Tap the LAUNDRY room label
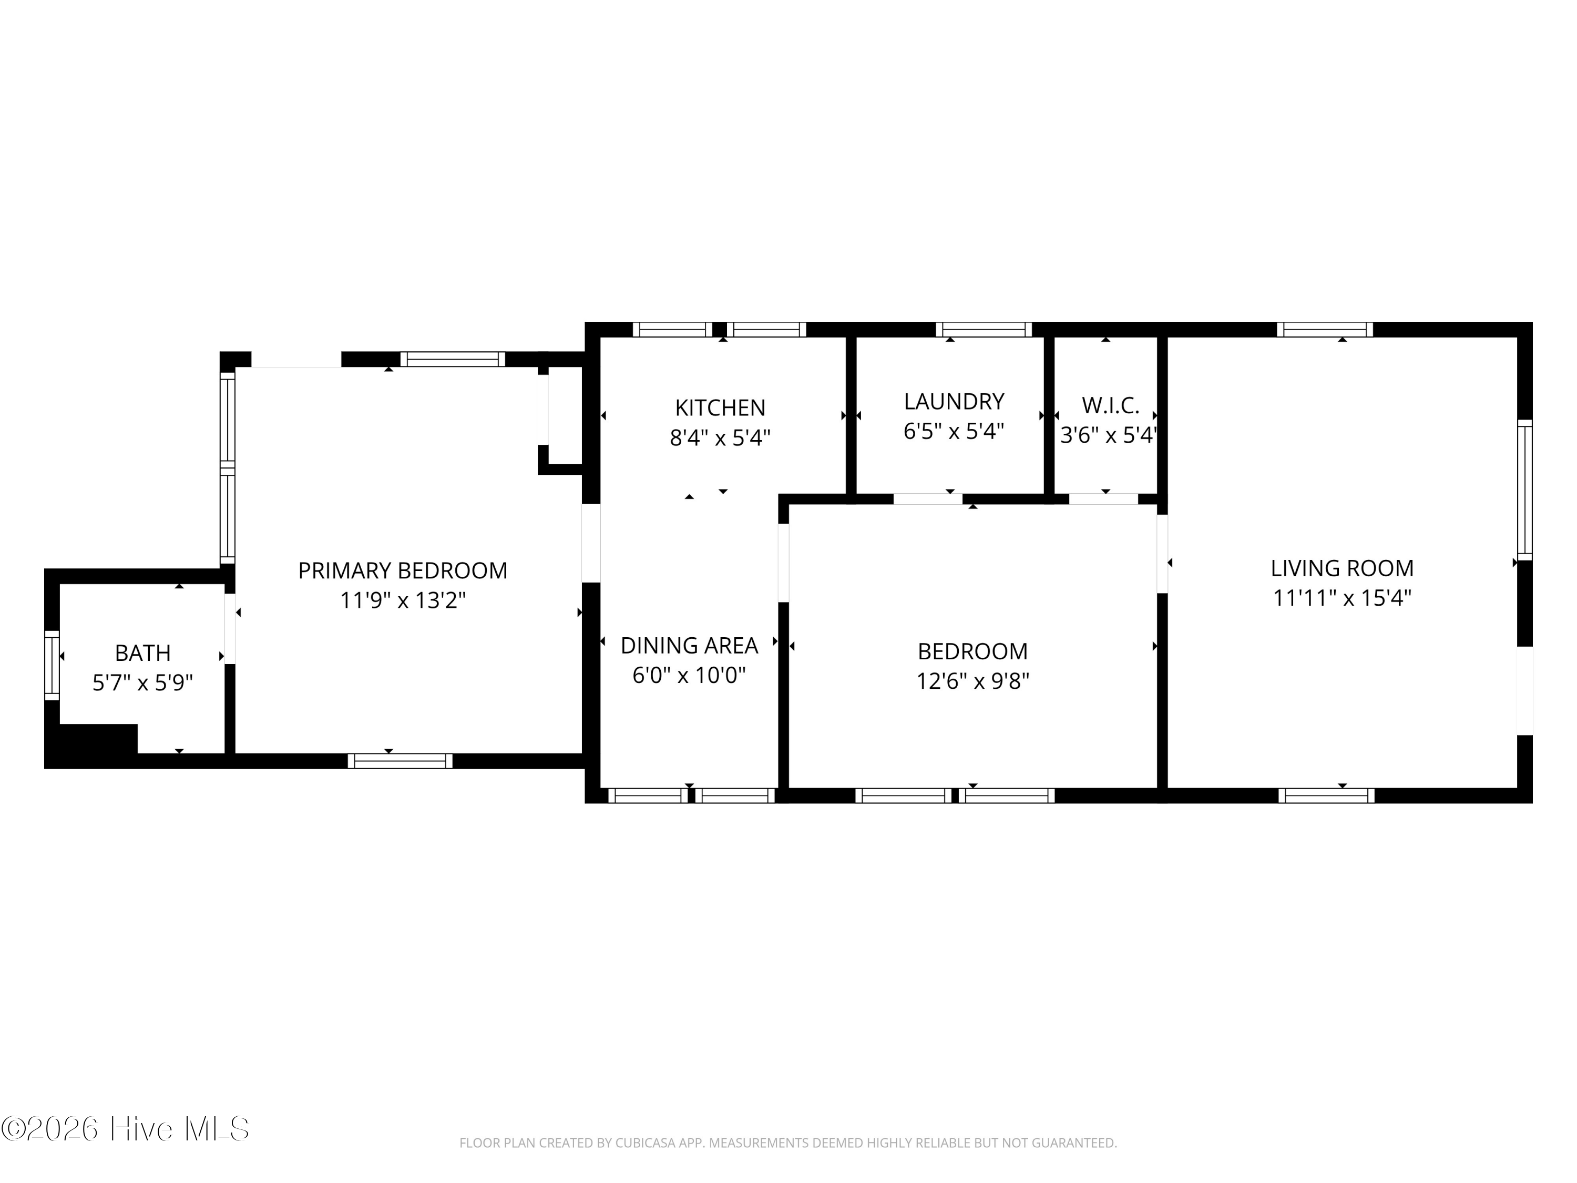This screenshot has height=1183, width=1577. point(954,402)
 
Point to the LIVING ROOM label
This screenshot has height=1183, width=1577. point(1342,568)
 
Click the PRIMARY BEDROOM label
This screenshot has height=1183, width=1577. point(403,570)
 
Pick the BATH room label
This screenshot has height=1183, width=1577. point(142,652)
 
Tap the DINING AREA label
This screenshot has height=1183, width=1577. point(689,645)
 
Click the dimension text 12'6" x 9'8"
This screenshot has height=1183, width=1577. point(972,681)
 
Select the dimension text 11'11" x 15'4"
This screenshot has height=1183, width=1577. point(1342,598)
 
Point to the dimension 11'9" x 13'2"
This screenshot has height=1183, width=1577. point(403,600)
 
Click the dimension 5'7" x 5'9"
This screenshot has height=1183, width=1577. point(142,682)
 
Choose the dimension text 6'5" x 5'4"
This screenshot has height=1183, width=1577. point(954,432)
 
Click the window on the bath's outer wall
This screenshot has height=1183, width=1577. point(52,665)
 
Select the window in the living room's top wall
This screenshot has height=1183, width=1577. point(1325,330)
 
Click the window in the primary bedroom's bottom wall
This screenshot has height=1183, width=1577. point(400,761)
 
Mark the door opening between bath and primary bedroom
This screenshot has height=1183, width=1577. point(230,629)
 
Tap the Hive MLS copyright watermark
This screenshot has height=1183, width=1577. point(125,1129)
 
